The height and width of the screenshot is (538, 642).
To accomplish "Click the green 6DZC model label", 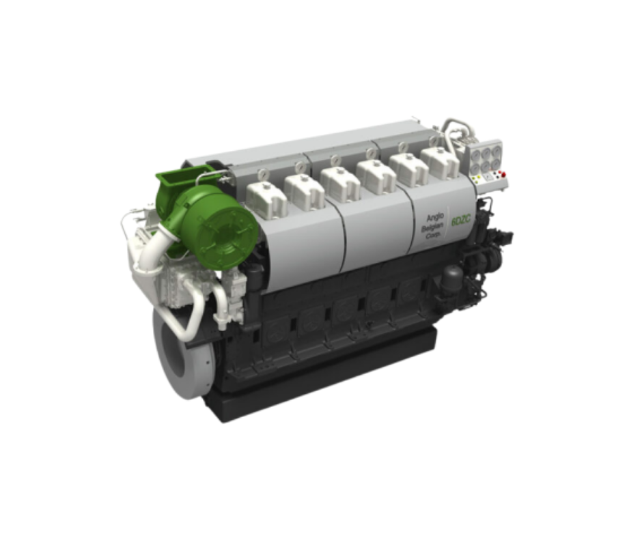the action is (461, 222).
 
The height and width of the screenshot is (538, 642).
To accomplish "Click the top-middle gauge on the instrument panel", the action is (486, 152).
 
